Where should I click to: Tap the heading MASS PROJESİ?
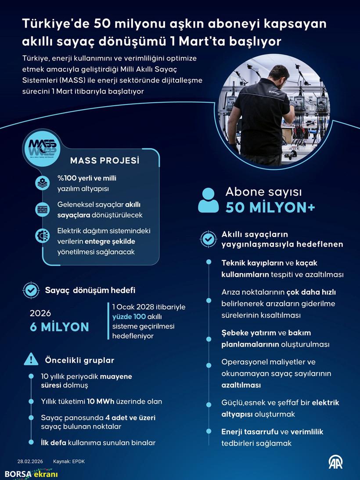(x=104, y=161)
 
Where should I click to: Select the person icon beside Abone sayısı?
(x=208, y=201)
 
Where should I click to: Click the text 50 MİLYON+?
(x=270, y=208)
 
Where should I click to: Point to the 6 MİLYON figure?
(x=59, y=327)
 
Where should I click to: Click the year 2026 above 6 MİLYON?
(x=40, y=313)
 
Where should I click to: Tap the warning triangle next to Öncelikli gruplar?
(x=31, y=359)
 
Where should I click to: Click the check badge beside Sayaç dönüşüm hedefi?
(x=31, y=290)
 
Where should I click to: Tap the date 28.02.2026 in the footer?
(x=29, y=462)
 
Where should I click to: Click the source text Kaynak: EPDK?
(x=68, y=462)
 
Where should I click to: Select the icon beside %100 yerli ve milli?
(x=43, y=183)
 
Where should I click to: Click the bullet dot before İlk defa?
(x=31, y=443)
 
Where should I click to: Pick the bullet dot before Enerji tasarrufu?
(x=208, y=431)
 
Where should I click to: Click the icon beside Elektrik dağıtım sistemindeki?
(x=43, y=236)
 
